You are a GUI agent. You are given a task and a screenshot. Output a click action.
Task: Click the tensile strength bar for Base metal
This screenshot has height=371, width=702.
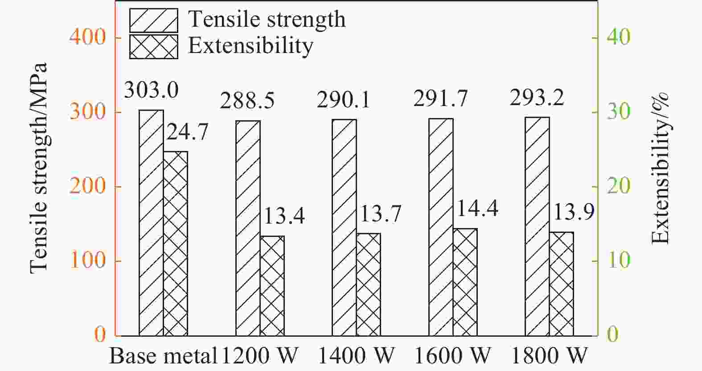[151, 223]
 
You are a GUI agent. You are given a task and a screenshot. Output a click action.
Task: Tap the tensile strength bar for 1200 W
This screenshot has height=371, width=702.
[248, 228]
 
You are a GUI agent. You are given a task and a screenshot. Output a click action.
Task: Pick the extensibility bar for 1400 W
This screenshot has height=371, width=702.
[369, 284]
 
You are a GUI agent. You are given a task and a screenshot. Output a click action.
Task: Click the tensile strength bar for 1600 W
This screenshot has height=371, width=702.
[441, 227]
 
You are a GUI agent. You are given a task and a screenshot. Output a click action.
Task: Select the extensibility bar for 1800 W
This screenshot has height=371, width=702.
[561, 284]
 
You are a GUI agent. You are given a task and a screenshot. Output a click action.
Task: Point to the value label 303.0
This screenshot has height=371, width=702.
[151, 90]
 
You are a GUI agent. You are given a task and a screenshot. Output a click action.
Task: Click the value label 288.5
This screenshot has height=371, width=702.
[247, 101]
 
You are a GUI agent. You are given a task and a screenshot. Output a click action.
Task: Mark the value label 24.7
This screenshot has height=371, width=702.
[187, 133]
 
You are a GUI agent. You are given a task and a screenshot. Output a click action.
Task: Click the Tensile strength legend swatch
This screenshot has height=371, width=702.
[154, 20]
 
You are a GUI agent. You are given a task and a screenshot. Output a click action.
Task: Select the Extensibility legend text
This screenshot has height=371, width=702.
[250, 46]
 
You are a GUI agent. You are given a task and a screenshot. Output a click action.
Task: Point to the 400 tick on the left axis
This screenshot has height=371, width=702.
[88, 37]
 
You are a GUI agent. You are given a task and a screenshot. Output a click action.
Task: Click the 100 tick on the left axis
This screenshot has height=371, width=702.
[88, 261]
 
